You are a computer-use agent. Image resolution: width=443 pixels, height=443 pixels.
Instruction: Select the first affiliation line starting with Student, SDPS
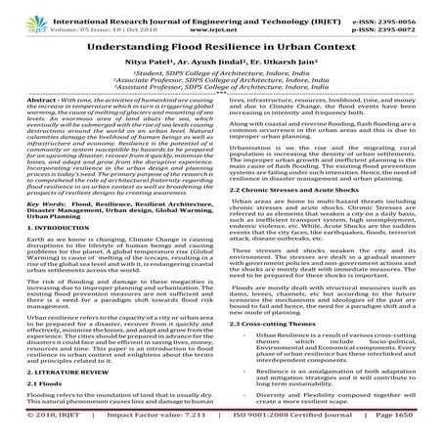221,73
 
